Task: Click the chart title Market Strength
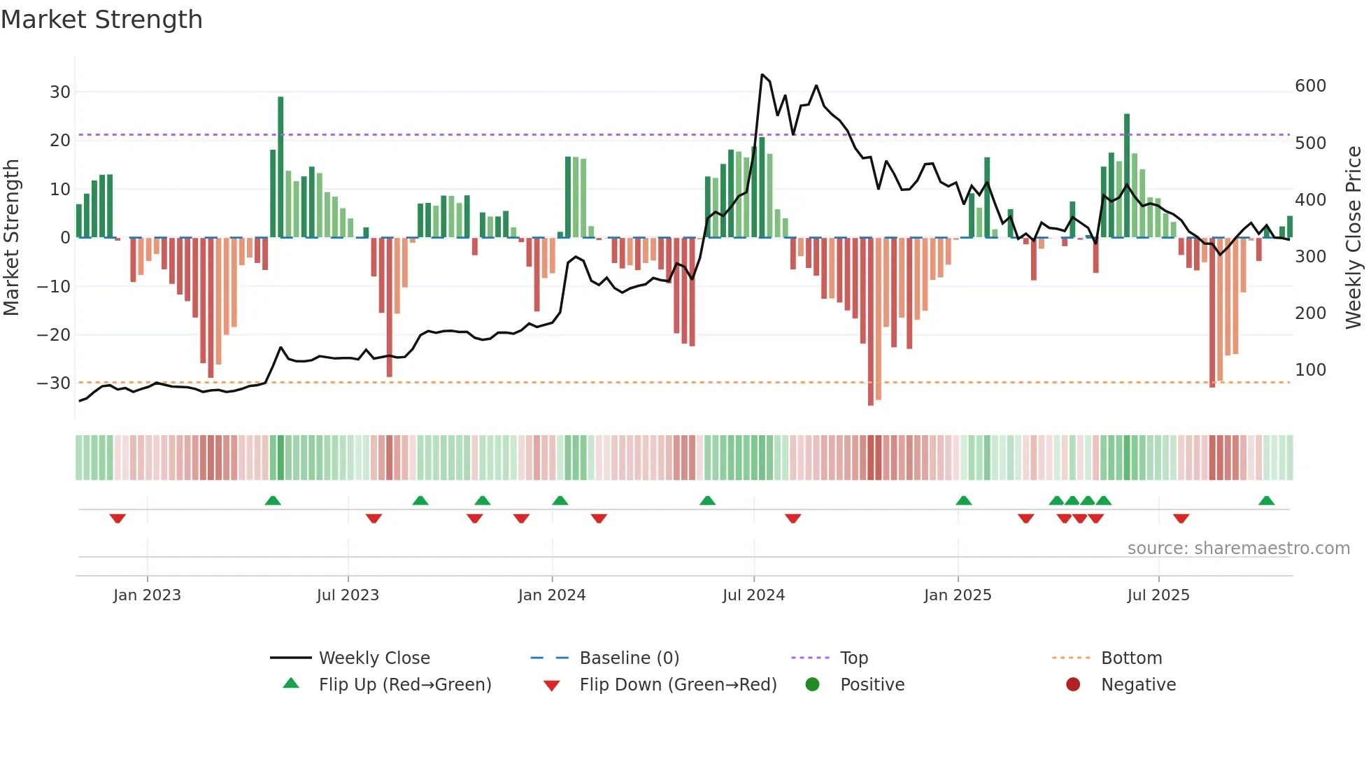pos(101,20)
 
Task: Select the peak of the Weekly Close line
pos(762,75)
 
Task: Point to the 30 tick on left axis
pos(60,92)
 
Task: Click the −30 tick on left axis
pos(55,383)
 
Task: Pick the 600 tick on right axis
pos(1310,86)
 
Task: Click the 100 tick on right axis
pos(1310,370)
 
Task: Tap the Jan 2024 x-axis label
pos(552,595)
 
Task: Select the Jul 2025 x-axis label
pos(1158,595)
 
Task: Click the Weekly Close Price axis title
pos(1354,238)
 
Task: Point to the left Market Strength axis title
pos(11,238)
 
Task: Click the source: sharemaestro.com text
pos(1238,549)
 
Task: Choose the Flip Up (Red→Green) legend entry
pos(404,685)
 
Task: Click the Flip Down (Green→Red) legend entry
pos(677,685)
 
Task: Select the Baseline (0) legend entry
pos(629,658)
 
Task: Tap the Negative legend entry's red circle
pos(1073,685)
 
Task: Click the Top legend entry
pos(853,658)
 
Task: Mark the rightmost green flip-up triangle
pos(1266,501)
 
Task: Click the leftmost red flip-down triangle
pos(118,518)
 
